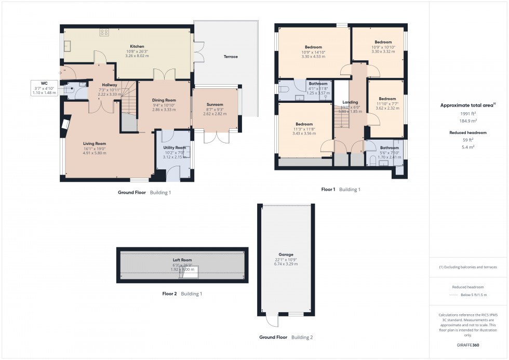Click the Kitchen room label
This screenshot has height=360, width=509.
pos(137,46)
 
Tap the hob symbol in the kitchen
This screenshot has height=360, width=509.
pos(104,32)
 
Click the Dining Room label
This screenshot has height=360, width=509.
pos(164,100)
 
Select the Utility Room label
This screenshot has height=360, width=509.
pos(174,148)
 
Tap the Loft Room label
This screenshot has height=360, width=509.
pos(182,260)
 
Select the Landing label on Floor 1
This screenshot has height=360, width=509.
pos(350,102)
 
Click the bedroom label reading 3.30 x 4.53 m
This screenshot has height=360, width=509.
pos(313,56)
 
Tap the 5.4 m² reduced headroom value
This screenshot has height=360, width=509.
pos(468,147)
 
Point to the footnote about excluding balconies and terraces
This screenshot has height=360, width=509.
pos(468,267)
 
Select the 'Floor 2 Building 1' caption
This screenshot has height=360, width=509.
pos(182,294)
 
